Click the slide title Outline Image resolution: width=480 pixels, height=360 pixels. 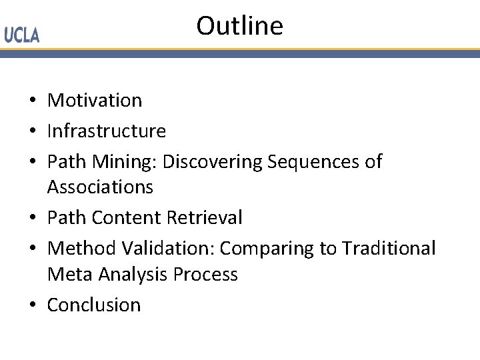click(x=239, y=26)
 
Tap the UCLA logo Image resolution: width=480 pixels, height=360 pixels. click(x=22, y=35)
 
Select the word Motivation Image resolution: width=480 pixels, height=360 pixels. click(x=95, y=101)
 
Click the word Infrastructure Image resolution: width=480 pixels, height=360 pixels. click(x=106, y=131)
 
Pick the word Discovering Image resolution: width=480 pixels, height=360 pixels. click(x=213, y=162)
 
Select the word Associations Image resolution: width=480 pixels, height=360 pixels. click(x=100, y=187)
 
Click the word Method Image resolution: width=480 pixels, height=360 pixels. click(x=82, y=249)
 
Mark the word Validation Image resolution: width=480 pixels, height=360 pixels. click(x=168, y=249)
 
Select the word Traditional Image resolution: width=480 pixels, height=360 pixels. click(x=389, y=249)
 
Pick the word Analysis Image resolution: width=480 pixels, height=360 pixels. click(x=127, y=274)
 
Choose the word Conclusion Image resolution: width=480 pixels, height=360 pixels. click(x=94, y=305)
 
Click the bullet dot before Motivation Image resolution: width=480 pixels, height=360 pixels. click(x=32, y=101)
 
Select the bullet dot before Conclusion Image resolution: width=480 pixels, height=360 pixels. click(x=32, y=306)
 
